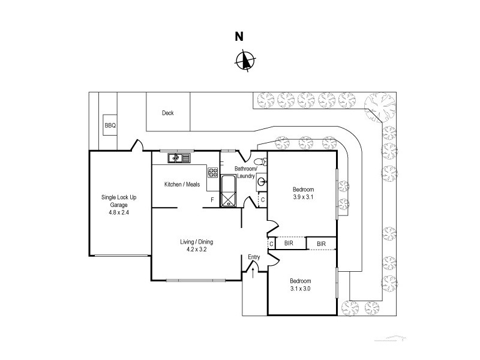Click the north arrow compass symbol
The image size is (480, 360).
tap(244, 61)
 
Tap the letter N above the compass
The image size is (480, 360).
tap(239, 37)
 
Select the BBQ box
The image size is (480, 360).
tap(110, 125)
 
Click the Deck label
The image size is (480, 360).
tap(168, 113)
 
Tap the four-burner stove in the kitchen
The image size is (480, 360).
tap(213, 173)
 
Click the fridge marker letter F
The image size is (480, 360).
tap(211, 199)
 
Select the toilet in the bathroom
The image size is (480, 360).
tap(259, 162)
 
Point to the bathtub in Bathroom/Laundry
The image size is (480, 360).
tap(229, 191)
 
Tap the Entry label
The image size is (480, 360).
tap(254, 257)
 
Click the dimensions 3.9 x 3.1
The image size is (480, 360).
tap(303, 197)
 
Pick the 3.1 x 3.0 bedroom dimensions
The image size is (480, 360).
tap(300, 288)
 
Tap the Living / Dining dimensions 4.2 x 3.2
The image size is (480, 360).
tap(196, 250)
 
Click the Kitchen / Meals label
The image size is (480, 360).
tap(182, 184)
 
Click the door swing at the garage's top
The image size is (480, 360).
tap(137, 146)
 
